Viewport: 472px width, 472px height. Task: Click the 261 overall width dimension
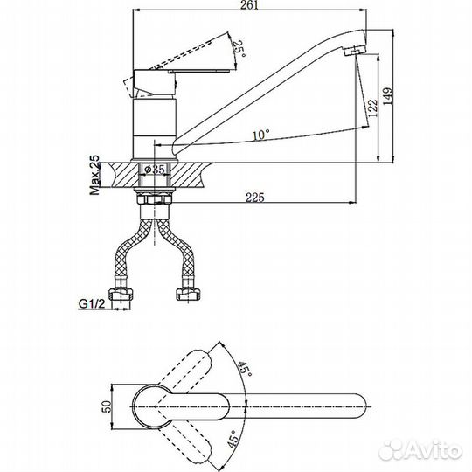pos(249,5)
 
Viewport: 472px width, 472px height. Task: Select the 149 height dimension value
pos(388,96)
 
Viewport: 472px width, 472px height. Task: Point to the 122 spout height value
pos(372,108)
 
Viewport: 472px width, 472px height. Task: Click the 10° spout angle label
pos(261,135)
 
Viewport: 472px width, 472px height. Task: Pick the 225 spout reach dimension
pos(255,198)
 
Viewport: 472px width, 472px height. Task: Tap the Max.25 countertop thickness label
pos(94,175)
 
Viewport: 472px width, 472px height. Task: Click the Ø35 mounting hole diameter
pos(155,170)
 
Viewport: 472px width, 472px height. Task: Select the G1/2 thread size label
pos(92,304)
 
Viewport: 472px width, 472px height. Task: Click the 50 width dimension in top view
pos(108,406)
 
